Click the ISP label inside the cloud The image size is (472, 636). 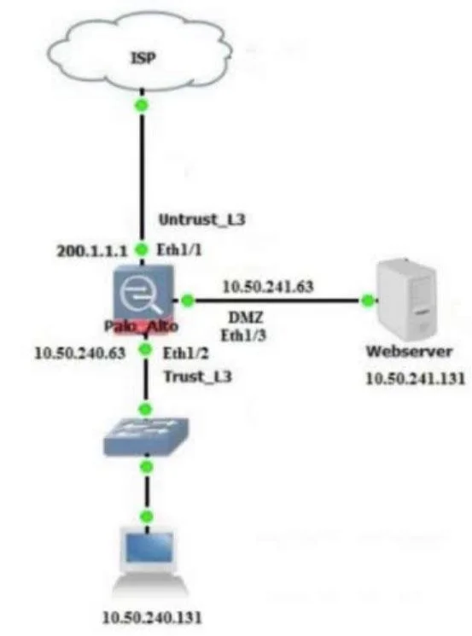[143, 58]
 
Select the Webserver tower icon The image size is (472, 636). [406, 300]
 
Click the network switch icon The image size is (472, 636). [147, 436]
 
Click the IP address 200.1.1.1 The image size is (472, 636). [92, 252]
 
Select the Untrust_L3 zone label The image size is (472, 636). [202, 220]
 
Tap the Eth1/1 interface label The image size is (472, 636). [179, 250]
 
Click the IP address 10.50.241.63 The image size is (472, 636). [268, 287]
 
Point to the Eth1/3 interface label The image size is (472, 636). [243, 336]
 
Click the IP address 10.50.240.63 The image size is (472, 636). [80, 353]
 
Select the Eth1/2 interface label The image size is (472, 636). [186, 353]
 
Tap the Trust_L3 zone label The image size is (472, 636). [197, 376]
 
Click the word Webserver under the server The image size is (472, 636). [409, 351]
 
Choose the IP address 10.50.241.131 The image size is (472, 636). [415, 378]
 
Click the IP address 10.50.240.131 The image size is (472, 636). [152, 618]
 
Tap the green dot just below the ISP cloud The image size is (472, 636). [142, 106]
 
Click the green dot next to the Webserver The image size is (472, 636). [368, 300]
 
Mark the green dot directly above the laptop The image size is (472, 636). [147, 516]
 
